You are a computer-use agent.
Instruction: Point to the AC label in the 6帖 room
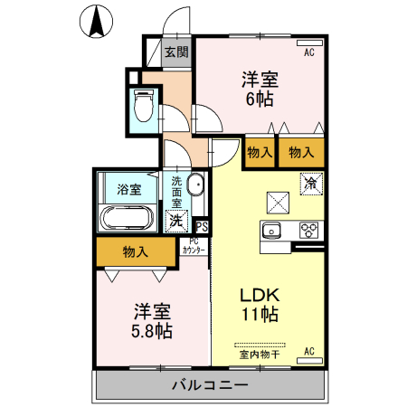click(308, 53)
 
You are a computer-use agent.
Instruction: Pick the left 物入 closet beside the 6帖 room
click(260, 153)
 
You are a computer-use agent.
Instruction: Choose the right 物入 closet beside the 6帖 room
click(301, 153)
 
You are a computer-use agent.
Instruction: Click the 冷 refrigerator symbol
click(311, 183)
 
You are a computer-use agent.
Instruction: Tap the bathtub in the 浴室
click(126, 217)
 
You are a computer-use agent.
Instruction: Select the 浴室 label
click(129, 190)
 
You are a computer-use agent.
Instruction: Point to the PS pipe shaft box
click(201, 227)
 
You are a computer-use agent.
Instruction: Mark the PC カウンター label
click(194, 245)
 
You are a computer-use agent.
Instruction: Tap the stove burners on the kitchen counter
click(308, 230)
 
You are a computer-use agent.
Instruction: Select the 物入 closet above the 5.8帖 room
click(136, 251)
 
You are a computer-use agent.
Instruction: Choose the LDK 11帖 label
click(259, 305)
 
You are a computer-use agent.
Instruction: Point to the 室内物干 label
click(259, 354)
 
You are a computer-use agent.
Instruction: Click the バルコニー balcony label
click(210, 386)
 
